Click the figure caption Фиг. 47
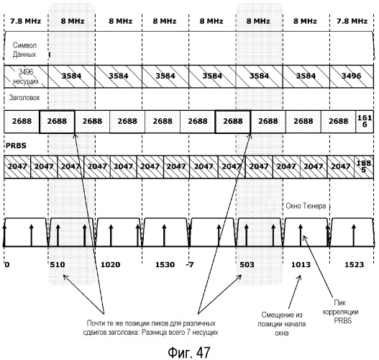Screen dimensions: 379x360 pyautogui.click(x=189, y=352)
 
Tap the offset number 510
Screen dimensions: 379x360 pyautogui.click(x=58, y=264)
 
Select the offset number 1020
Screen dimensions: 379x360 pyautogui.click(x=110, y=264)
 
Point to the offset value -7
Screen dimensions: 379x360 pyautogui.click(x=190, y=264)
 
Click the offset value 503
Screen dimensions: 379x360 pyautogui.click(x=247, y=264)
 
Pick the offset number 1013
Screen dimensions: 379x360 pyautogui.click(x=301, y=264)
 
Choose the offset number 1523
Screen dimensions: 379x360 pyautogui.click(x=354, y=264)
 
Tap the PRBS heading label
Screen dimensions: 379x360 pyautogui.click(x=16, y=145)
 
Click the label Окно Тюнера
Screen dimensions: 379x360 pyautogui.click(x=306, y=206)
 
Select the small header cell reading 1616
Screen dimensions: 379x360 pyautogui.click(x=365, y=121)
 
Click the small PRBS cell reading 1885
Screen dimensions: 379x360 pyautogui.click(x=364, y=166)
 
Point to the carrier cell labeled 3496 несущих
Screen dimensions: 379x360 pyautogui.click(x=26, y=76)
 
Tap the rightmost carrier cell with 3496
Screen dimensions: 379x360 pyautogui.click(x=351, y=76)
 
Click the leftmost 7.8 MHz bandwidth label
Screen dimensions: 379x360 pyautogui.click(x=25, y=22)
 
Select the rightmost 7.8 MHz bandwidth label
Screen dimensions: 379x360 pyautogui.click(x=352, y=22)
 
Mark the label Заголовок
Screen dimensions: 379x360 pyautogui.click(x=24, y=97)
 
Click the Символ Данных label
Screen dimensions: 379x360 pyautogui.click(x=24, y=50)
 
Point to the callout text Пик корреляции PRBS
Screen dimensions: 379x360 pyautogui.click(x=340, y=312)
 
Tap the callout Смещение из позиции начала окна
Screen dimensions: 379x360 pyautogui.click(x=282, y=324)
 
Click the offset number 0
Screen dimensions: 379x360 pyautogui.click(x=7, y=264)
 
